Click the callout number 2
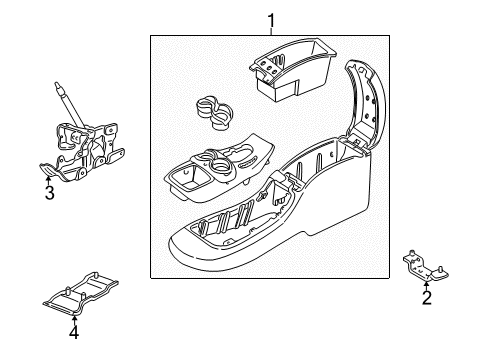tap(426, 297)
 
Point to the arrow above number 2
tap(426, 284)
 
